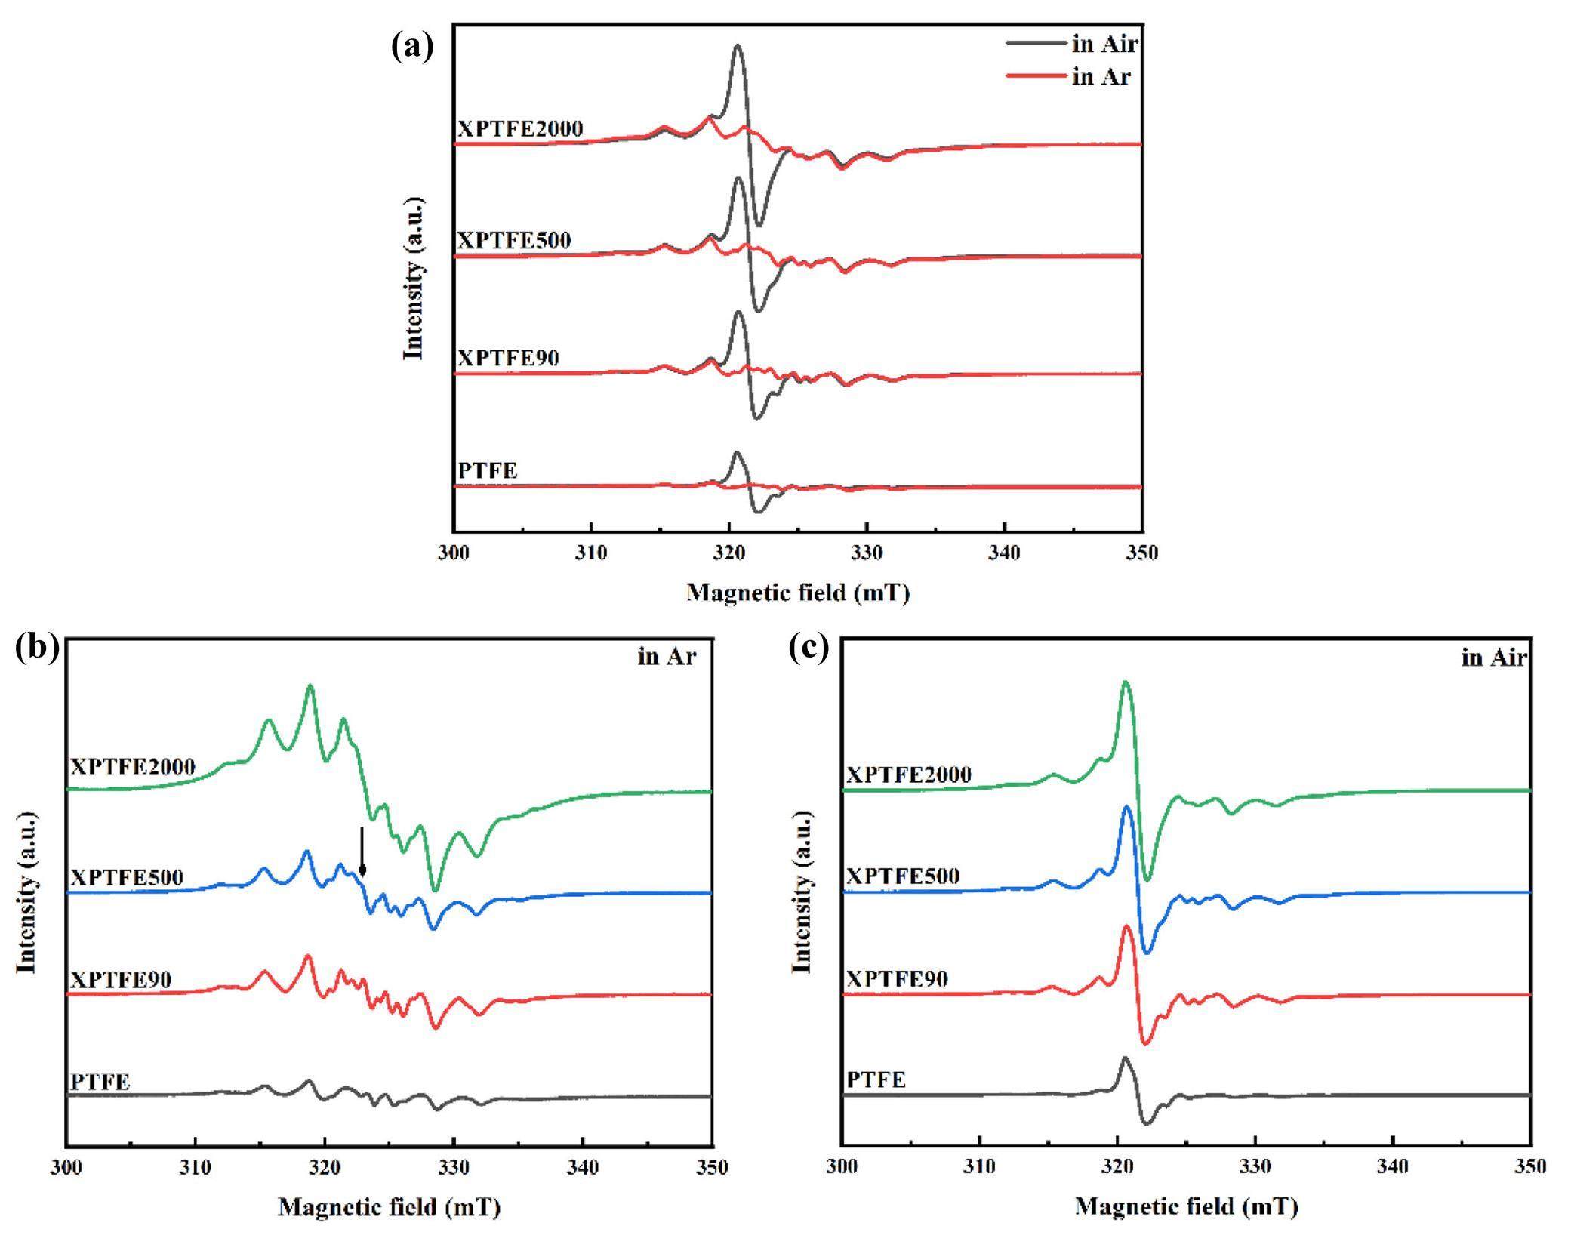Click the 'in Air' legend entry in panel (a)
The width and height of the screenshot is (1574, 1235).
1104,44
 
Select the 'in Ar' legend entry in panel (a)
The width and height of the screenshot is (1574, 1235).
1101,76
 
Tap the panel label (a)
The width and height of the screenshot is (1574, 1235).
412,47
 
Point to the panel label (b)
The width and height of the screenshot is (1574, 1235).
36,648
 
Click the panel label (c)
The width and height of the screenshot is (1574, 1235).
809,648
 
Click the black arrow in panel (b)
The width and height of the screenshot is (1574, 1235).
362,852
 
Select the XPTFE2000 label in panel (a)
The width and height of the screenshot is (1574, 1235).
520,129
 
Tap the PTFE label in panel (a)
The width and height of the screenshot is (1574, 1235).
488,470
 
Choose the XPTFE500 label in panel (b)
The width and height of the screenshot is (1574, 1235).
127,877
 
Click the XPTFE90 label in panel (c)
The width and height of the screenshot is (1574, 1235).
897,979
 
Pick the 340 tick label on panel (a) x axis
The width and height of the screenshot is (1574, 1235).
1004,553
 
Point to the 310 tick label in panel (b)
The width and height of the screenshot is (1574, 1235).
196,1168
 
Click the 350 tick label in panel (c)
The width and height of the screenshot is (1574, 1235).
1530,1166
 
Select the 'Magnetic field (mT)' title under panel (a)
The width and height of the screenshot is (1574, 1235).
798,593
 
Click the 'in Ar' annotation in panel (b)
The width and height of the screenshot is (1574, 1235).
667,657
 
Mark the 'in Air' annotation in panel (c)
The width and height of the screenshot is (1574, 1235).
1494,658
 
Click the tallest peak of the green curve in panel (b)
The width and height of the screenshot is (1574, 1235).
310,685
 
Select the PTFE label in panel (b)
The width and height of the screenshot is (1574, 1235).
100,1082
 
